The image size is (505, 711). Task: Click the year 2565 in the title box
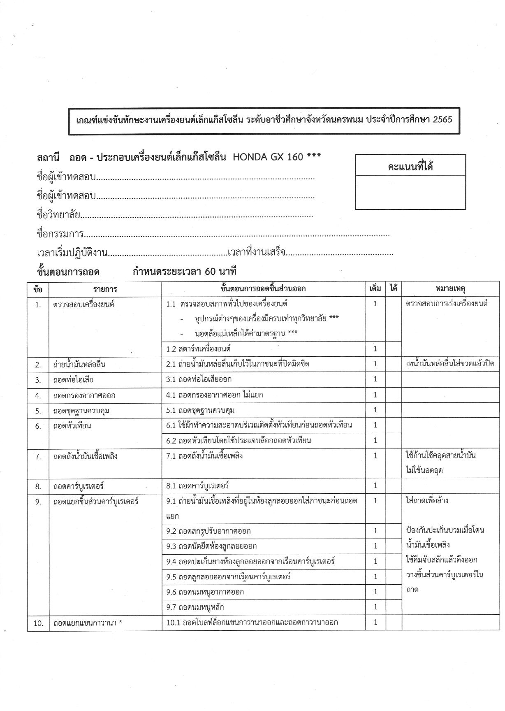pyautogui.click(x=442, y=120)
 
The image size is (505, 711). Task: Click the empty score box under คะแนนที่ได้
pyautogui.click(x=410, y=192)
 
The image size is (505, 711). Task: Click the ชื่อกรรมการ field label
pyautogui.click(x=60, y=234)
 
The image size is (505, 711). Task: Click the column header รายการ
pyautogui.click(x=105, y=289)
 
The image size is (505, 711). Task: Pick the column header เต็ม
pyautogui.click(x=375, y=289)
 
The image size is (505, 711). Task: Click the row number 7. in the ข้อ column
pyautogui.click(x=38, y=456)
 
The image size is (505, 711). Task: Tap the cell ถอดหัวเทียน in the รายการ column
pyautogui.click(x=72, y=426)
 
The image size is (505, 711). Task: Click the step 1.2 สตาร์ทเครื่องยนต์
pyautogui.click(x=198, y=349)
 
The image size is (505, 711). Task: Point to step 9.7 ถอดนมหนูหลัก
pyautogui.click(x=195, y=607)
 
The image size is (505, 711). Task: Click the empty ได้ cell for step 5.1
pyautogui.click(x=394, y=410)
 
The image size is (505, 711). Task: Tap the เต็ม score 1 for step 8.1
pyautogui.click(x=375, y=486)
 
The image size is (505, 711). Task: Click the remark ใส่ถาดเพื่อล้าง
pyautogui.click(x=427, y=501)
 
